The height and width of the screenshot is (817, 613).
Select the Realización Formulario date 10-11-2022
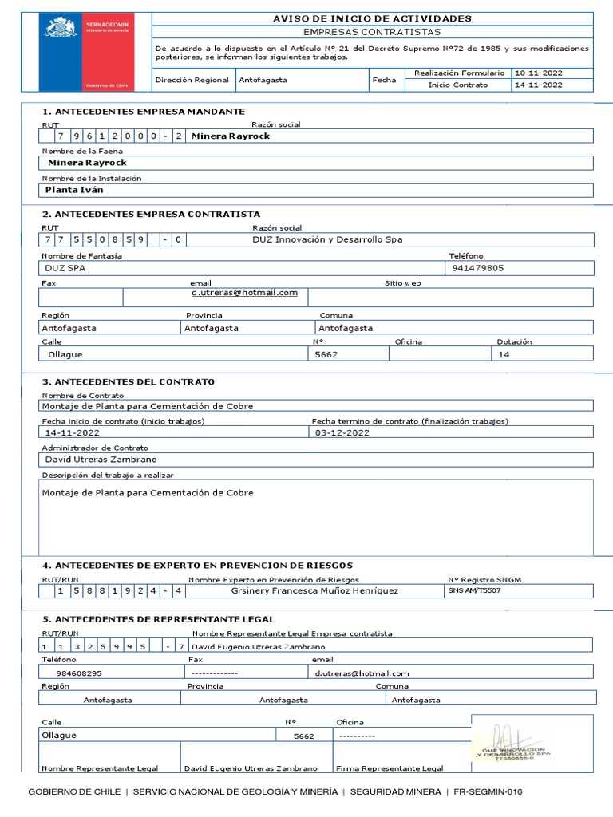coord(539,73)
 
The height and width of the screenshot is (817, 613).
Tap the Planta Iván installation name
coord(74,190)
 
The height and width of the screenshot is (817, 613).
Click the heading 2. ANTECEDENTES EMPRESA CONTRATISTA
coord(151,214)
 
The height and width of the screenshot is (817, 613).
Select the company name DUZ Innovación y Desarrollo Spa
coord(327,239)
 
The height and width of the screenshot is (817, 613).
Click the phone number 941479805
coord(477,268)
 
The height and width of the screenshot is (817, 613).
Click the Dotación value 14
coord(504,354)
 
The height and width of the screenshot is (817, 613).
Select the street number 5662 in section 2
coord(327,354)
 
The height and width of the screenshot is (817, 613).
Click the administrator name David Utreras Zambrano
coord(101,460)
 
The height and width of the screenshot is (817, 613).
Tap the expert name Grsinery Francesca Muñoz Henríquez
coord(314,591)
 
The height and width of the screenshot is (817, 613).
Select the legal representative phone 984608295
coord(79,673)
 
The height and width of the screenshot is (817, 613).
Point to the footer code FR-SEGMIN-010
coord(488,791)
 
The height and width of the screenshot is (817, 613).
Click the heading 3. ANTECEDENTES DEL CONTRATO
coord(128,381)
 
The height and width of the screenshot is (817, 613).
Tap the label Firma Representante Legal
coord(389,768)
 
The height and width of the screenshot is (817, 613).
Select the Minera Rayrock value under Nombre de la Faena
coord(87,163)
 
